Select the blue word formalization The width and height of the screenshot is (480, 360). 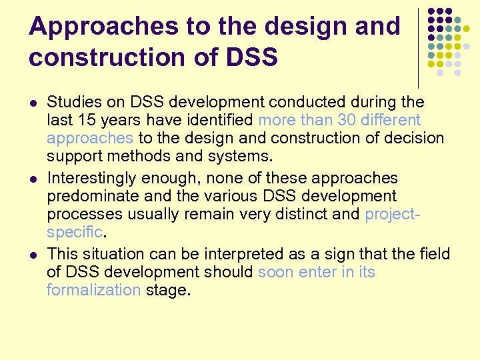coord(93,290)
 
